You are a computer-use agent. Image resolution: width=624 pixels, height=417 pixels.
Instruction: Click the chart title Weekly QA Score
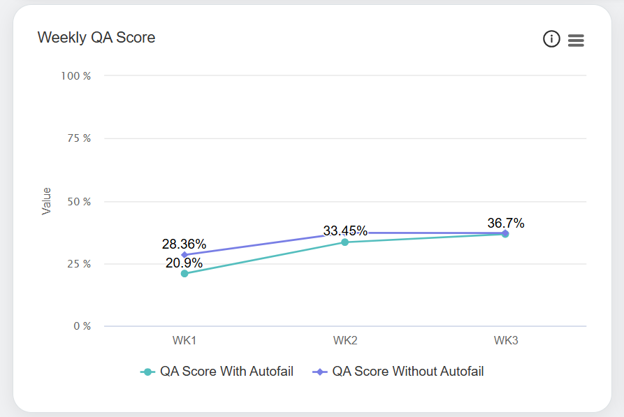click(x=96, y=38)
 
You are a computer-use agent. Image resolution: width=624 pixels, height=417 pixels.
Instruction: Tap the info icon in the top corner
click(x=551, y=40)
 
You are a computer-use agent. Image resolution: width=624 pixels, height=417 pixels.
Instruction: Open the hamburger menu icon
click(x=576, y=41)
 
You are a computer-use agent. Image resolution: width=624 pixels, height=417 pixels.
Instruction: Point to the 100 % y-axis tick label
click(x=78, y=75)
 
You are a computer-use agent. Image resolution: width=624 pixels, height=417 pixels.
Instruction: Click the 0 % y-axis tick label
click(x=82, y=326)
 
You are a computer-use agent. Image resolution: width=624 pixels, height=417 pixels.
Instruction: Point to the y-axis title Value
click(x=47, y=200)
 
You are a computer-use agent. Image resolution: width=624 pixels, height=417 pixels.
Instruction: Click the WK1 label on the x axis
click(x=184, y=341)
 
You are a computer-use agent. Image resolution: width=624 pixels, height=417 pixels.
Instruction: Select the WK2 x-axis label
click(x=345, y=341)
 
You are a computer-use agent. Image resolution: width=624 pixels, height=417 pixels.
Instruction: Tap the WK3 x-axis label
click(x=506, y=341)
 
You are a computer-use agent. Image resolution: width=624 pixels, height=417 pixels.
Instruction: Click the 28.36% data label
click(x=184, y=244)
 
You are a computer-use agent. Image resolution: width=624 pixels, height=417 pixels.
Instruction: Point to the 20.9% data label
click(x=184, y=263)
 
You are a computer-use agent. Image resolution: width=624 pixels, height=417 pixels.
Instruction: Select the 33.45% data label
click(x=345, y=231)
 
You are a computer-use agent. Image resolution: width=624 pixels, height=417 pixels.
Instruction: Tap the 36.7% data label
click(x=506, y=224)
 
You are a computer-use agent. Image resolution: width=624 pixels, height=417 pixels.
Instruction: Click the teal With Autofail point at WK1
click(x=184, y=274)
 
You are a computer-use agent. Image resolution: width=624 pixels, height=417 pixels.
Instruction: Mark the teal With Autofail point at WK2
click(x=345, y=242)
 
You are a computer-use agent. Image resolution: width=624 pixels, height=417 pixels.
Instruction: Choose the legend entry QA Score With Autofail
click(x=218, y=372)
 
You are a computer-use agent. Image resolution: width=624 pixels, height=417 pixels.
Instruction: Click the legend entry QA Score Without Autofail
click(x=400, y=372)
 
